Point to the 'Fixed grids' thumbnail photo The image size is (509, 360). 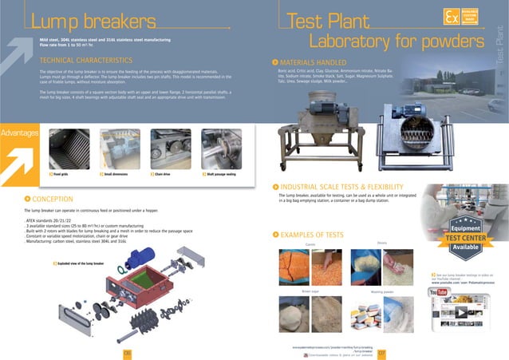tap(67, 148)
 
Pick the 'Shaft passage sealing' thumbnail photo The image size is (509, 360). tap(220, 148)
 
